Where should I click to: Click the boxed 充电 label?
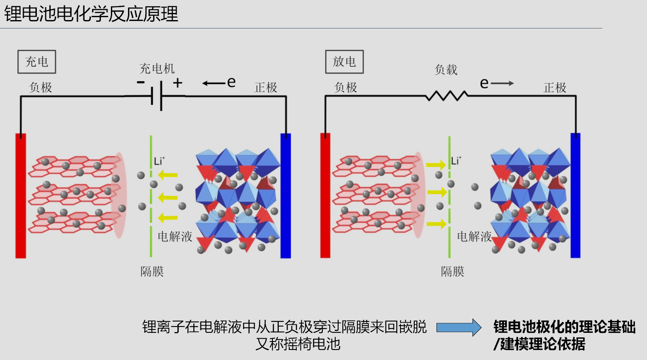tap(37, 62)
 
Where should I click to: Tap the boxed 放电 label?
tap(344, 62)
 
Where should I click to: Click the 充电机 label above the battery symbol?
tap(157, 69)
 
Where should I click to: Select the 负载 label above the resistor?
tap(446, 69)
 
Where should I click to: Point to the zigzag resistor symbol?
tap(447, 96)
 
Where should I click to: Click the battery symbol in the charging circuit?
tap(157, 96)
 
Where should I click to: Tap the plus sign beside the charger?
tap(178, 82)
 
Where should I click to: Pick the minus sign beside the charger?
tap(141, 82)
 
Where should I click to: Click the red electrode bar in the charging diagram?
tap(21, 195)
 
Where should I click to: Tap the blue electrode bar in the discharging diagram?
tap(575, 195)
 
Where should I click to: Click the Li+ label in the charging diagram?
tap(159, 161)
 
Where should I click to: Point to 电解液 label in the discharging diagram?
tap(474, 237)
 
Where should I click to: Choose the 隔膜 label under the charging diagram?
tap(152, 272)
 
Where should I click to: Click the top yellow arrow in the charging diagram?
tap(168, 175)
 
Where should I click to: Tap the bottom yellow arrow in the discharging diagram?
tap(436, 224)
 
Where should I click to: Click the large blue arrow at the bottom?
tap(459, 327)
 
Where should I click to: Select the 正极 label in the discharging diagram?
tap(555, 87)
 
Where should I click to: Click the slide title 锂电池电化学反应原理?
tap(91, 14)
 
